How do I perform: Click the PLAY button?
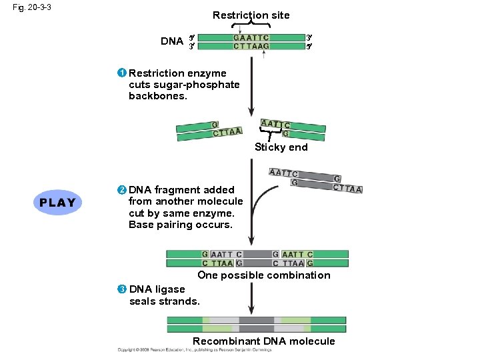pyautogui.click(x=57, y=202)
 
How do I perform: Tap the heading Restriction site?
pyautogui.click(x=251, y=15)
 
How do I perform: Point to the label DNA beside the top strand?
pyautogui.click(x=172, y=41)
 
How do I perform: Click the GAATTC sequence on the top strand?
pyautogui.click(x=251, y=37)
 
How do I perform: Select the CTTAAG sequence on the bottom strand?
pyautogui.click(x=251, y=46)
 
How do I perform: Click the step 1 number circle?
pyautogui.click(x=123, y=73)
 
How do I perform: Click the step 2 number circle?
pyautogui.click(x=123, y=190)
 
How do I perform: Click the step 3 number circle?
pyautogui.click(x=122, y=289)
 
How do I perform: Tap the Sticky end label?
pyautogui.click(x=281, y=147)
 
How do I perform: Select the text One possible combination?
pyautogui.click(x=263, y=275)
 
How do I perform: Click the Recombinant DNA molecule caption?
pyautogui.click(x=263, y=341)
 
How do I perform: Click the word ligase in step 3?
pyautogui.click(x=170, y=289)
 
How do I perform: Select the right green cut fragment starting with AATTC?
pyautogui.click(x=292, y=129)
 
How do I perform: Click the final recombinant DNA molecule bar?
pyautogui.click(x=257, y=325)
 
